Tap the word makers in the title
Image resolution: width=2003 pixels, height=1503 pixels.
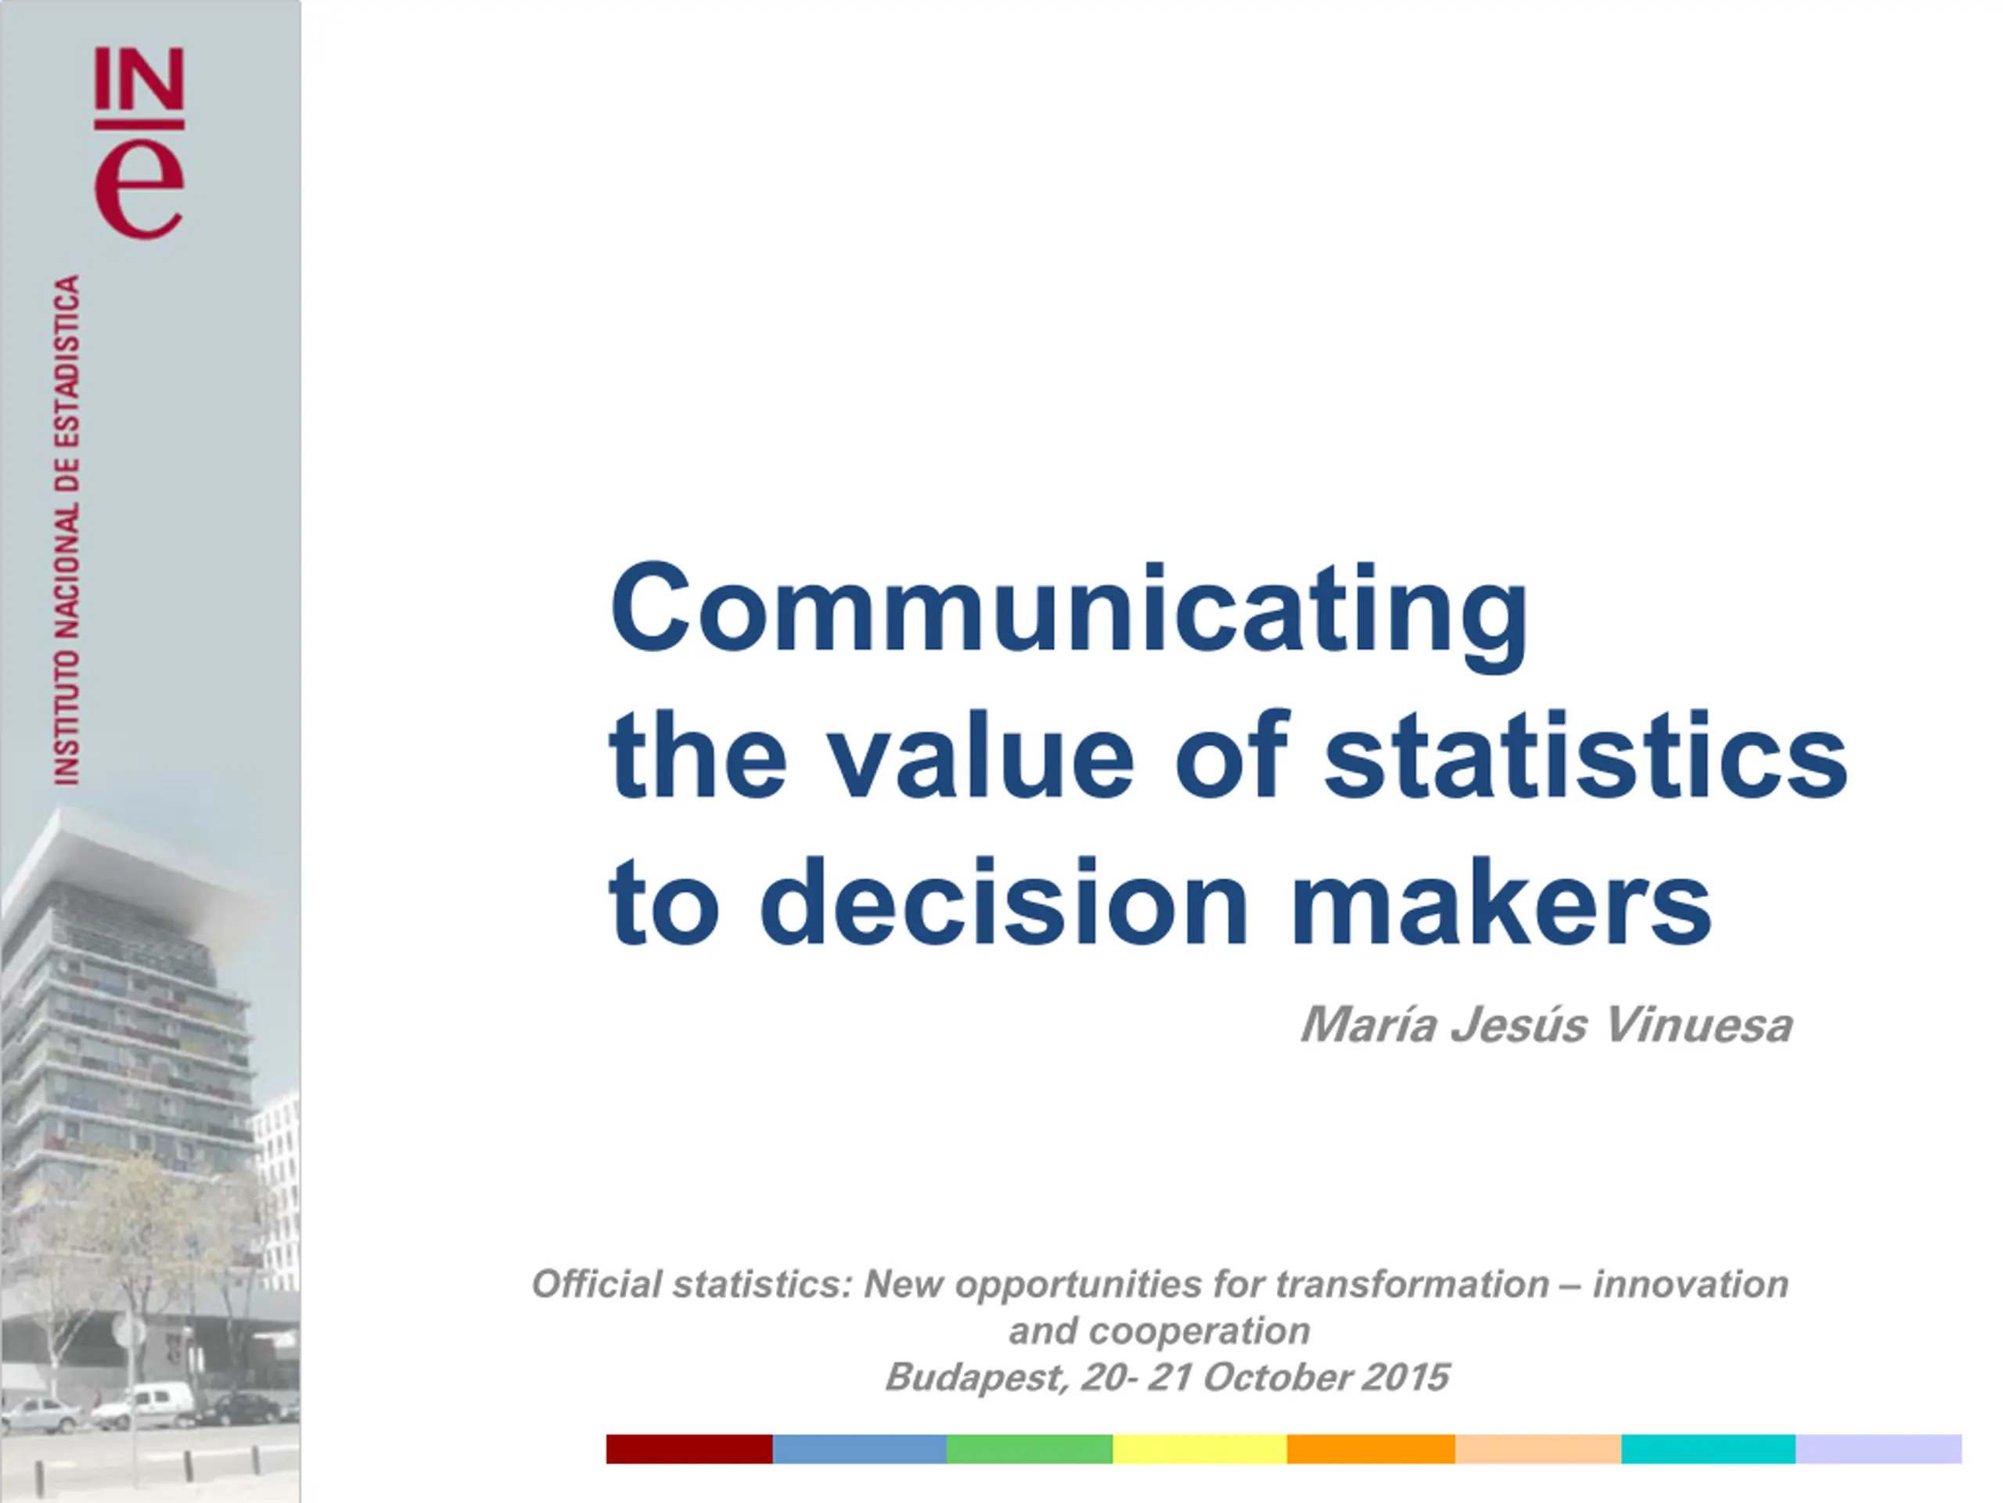[1500, 902]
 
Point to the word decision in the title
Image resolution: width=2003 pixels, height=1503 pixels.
[1003, 902]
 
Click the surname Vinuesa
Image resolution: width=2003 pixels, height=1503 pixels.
[1696, 1025]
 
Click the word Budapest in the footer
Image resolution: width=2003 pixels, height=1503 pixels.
[977, 1378]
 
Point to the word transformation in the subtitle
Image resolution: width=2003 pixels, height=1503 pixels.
[1411, 1285]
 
